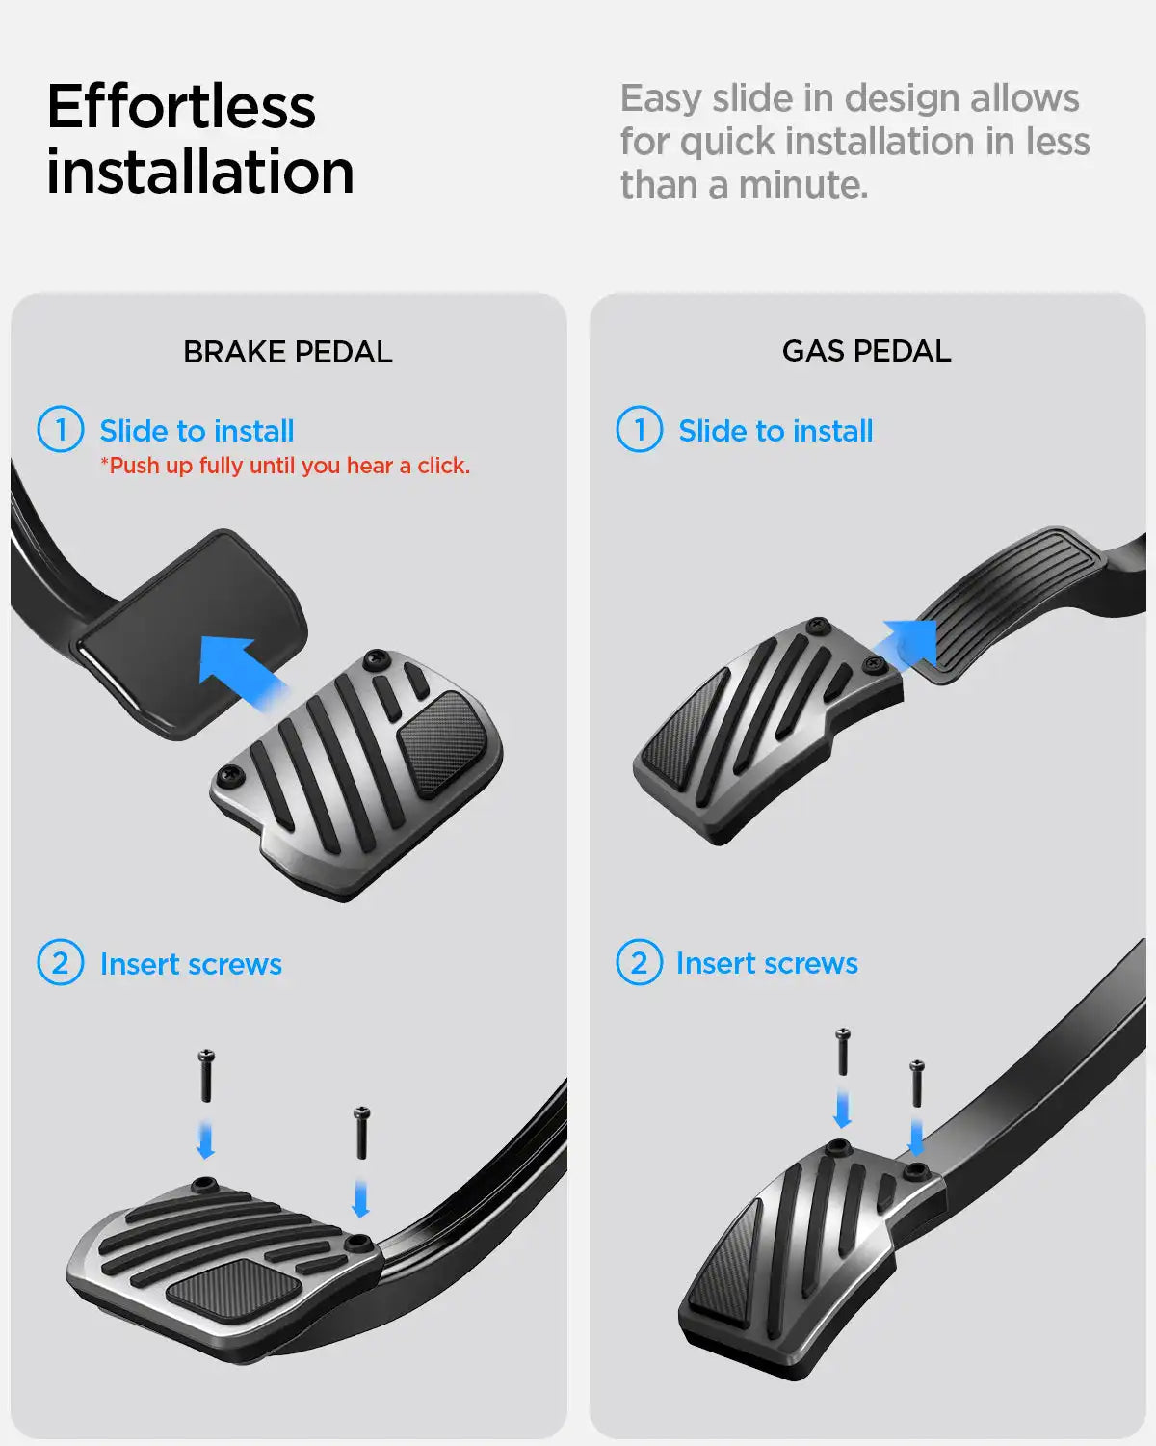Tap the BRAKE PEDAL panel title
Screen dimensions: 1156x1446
pos(287,352)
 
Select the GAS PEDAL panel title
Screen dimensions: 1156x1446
pos(866,351)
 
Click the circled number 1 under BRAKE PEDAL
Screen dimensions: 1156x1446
pos(61,429)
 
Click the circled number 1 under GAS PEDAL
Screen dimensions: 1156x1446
pos(640,429)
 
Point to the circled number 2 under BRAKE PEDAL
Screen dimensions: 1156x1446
pos(61,962)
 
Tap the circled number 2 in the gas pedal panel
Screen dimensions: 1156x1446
pos(640,962)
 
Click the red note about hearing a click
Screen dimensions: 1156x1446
pos(285,466)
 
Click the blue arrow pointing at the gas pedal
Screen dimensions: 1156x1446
pos(906,643)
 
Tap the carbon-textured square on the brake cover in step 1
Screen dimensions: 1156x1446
pos(443,742)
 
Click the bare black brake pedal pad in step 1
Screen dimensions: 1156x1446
pos(192,635)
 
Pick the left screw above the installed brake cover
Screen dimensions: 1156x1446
pos(206,1075)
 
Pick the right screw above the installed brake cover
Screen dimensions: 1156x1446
pos(361,1132)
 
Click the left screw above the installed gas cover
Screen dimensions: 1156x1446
pos(842,1052)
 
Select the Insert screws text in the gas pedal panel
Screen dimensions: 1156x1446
pos(767,964)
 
